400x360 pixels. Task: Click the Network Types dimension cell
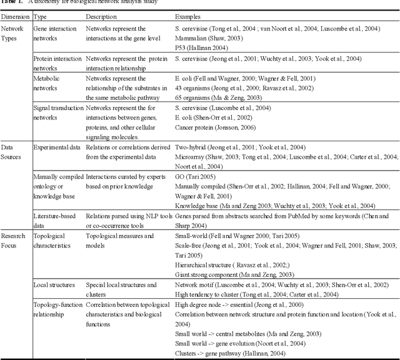coord(14,33)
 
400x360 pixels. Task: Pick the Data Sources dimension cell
coord(12,151)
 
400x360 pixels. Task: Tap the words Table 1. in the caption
coord(11,2)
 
